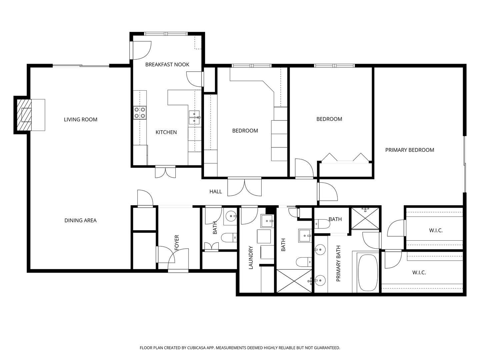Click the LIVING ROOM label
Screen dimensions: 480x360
click(x=80, y=120)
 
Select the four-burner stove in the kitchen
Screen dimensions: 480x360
click(x=140, y=113)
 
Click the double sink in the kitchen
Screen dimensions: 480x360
click(x=195, y=117)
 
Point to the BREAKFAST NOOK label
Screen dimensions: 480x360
click(x=167, y=64)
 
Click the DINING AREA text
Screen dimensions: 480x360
click(x=80, y=220)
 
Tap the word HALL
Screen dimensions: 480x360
click(x=216, y=191)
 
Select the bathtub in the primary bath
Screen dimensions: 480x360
click(x=368, y=273)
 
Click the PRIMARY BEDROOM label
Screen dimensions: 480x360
click(x=410, y=150)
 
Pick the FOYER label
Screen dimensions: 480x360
click(x=177, y=242)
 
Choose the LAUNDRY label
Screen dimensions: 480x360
click(x=251, y=257)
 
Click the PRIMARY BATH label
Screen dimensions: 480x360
click(x=338, y=263)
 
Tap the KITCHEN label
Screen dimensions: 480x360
click(x=166, y=132)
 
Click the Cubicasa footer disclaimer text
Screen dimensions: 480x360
click(x=240, y=348)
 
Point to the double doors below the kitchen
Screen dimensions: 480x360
click(x=165, y=172)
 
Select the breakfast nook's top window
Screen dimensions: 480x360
click(x=166, y=34)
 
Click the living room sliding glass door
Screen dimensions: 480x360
click(x=81, y=65)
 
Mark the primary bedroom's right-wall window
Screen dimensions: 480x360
click(x=464, y=164)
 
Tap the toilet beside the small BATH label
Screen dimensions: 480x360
click(x=322, y=224)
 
